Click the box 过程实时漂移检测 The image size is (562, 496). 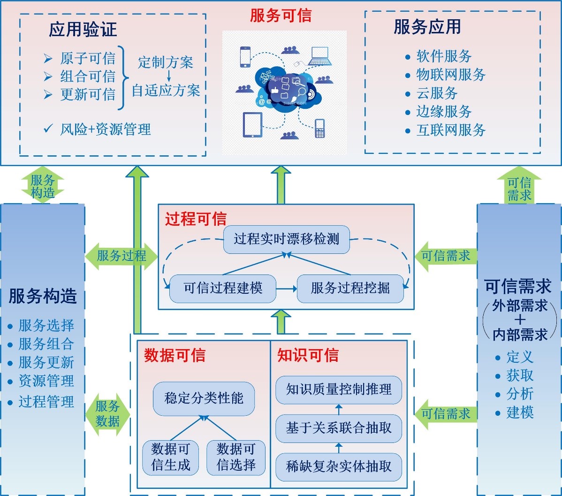pos(286,239)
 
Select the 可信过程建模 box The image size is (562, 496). pos(223,288)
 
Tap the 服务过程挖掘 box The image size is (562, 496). pos(350,288)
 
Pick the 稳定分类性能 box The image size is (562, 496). pos(204,398)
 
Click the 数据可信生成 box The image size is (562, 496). pos(171,457)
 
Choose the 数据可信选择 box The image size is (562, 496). pos(236,457)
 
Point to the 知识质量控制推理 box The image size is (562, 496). pos(338,389)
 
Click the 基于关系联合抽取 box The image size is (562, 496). pos(338,428)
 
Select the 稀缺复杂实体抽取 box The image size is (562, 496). pos(338,466)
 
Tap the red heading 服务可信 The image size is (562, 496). pos(281,15)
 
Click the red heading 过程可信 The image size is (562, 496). pos(196,219)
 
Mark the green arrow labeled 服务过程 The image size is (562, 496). pos(121,256)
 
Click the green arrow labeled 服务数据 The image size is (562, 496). pos(108,413)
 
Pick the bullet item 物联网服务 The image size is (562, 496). pos(450,75)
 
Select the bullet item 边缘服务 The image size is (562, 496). pos(443,112)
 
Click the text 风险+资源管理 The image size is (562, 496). pos(105,129)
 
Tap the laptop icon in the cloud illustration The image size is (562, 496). pos(319,56)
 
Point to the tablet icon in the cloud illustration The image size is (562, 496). pos(252,125)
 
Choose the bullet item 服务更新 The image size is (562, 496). pos(46,362)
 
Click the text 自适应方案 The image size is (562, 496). pos(166,90)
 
